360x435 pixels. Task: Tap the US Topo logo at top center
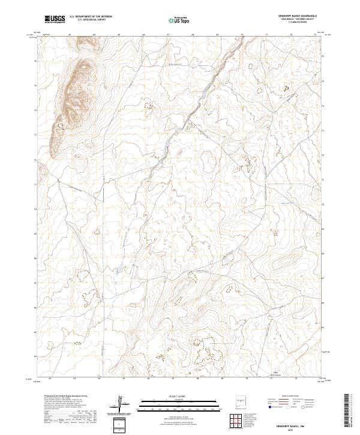click(x=179, y=20)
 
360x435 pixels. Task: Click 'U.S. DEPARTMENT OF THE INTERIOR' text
click(x=91, y=17)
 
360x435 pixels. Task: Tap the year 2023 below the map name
click(x=298, y=428)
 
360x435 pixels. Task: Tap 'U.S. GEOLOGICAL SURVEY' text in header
click(x=91, y=20)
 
